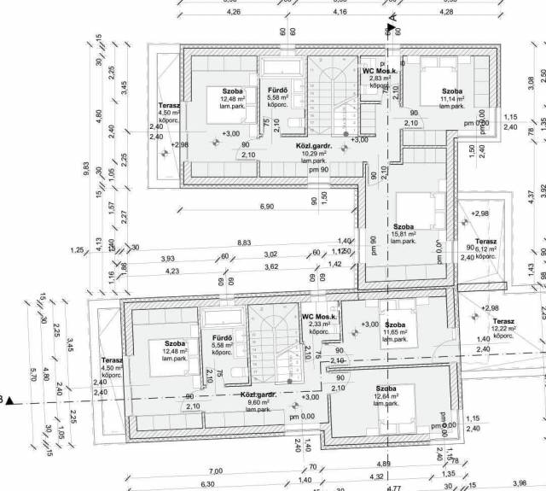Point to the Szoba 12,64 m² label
click(386, 395)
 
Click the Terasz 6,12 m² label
click(486, 248)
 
